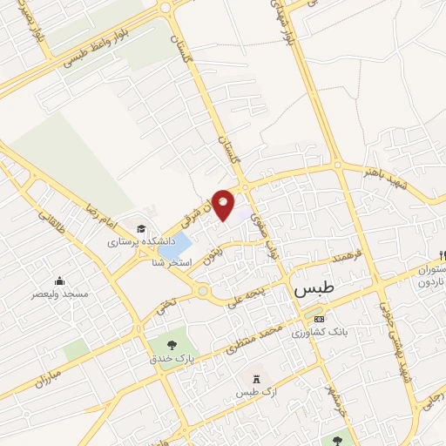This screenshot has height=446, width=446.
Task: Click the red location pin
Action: point(224,203)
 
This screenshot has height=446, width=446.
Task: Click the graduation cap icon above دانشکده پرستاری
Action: point(140,229)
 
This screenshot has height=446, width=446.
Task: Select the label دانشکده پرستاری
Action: point(141,244)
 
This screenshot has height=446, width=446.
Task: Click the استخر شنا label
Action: point(171,262)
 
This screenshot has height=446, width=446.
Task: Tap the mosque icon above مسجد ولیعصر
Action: point(59,280)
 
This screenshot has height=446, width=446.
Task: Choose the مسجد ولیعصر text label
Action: point(60,295)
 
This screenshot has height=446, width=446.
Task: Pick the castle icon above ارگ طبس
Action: point(255,379)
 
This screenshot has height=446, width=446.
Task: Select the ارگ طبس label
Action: point(255,394)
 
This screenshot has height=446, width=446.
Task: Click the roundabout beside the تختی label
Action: point(202,290)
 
